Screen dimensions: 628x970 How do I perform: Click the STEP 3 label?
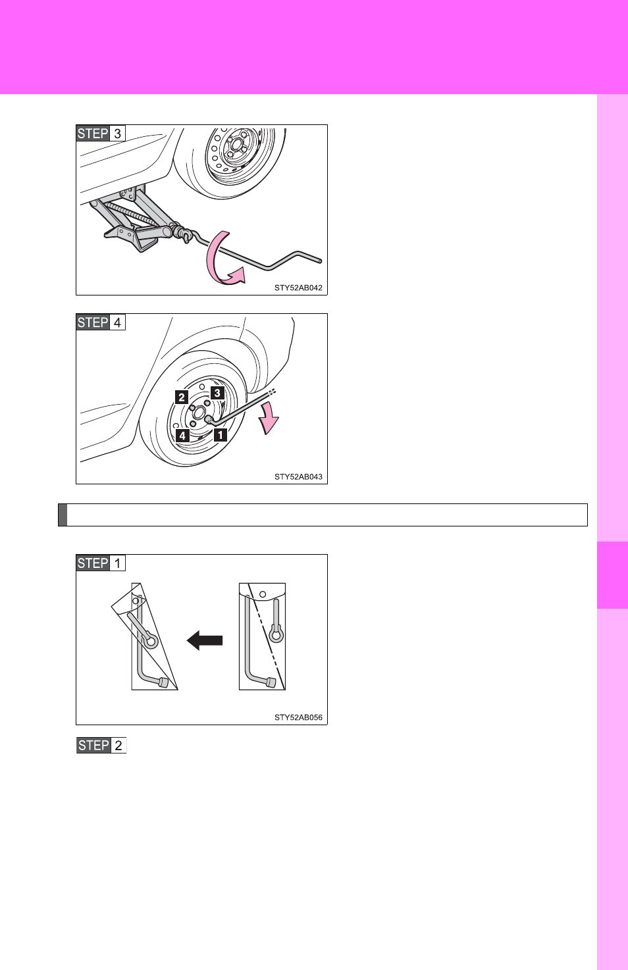pyautogui.click(x=101, y=134)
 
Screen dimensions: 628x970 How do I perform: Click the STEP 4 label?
pyautogui.click(x=101, y=322)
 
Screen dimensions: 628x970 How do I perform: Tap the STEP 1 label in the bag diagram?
pyautogui.click(x=101, y=563)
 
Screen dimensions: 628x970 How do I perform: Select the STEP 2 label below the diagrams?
pyautogui.click(x=101, y=745)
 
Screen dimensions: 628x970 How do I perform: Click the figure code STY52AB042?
pyautogui.click(x=298, y=288)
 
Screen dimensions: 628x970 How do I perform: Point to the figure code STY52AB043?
pyautogui.click(x=298, y=476)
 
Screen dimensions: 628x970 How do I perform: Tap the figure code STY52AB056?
pyautogui.click(x=298, y=717)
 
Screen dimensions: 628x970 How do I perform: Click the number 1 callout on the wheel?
pyautogui.click(x=221, y=434)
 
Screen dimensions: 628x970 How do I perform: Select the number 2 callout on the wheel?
pyautogui.click(x=182, y=397)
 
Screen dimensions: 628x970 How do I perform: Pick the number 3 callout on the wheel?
pyautogui.click(x=217, y=393)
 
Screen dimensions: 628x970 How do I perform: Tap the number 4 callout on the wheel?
pyautogui.click(x=183, y=435)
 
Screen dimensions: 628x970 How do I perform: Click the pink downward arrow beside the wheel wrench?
pyautogui.click(x=269, y=418)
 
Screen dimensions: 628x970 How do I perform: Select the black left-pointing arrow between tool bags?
pyautogui.click(x=205, y=640)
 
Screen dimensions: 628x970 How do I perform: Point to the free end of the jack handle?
pyautogui.click(x=320, y=261)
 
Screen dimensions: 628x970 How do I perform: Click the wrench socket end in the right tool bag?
pyautogui.click(x=271, y=683)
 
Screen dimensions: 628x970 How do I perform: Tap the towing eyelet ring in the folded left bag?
pyautogui.click(x=151, y=641)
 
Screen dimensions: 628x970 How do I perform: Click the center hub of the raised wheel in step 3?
pyautogui.click(x=236, y=145)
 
